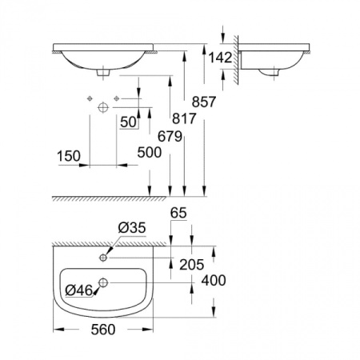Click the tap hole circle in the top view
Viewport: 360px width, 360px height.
pos(105,258)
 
